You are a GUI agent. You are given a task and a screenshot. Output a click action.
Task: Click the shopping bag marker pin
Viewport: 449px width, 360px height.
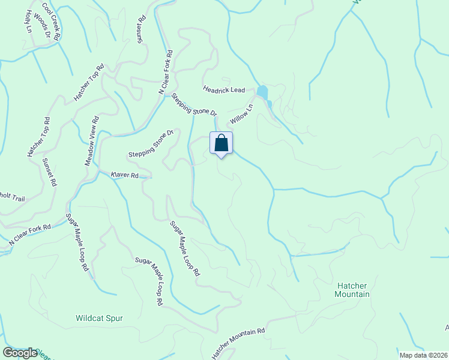pyautogui.click(x=221, y=144)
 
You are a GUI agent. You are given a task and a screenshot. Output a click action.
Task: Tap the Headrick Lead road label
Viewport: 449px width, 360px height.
pyautogui.click(x=224, y=89)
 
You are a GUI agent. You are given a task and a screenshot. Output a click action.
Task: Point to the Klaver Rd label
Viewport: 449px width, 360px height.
pyautogui.click(x=125, y=175)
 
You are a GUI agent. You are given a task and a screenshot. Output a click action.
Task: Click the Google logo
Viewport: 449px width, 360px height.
pyautogui.click(x=20, y=352)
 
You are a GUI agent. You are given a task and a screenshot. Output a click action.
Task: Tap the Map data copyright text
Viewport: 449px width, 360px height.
pyautogui.click(x=423, y=355)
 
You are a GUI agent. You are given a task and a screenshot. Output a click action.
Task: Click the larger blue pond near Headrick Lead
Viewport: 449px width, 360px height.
pyautogui.click(x=262, y=92)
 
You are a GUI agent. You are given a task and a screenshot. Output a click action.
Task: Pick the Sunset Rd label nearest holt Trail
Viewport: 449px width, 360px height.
pyautogui.click(x=49, y=172)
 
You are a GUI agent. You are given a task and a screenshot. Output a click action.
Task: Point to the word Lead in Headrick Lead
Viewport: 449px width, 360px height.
pyautogui.click(x=237, y=90)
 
